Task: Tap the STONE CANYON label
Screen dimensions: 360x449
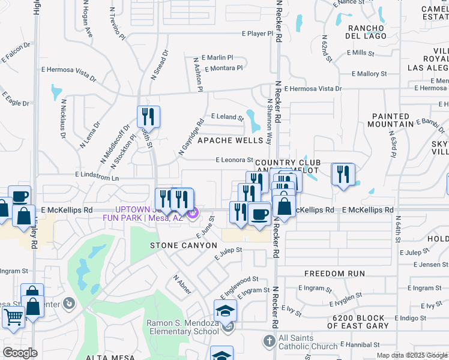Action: (183, 245)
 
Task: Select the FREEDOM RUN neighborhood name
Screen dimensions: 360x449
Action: (334, 274)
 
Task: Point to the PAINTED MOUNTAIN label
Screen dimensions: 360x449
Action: (393, 120)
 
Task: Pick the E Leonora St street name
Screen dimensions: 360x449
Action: (235, 160)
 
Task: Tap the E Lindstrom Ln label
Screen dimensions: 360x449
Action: (97, 178)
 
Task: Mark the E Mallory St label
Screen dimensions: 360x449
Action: (369, 74)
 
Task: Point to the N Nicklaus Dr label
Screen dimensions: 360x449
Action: (62, 119)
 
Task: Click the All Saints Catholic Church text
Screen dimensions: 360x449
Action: (304, 342)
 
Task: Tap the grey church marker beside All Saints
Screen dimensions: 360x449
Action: (270, 341)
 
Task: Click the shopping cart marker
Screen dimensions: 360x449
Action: (13, 316)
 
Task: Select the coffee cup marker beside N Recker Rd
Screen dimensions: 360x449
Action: (259, 214)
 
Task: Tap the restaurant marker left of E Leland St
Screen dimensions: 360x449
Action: (148, 116)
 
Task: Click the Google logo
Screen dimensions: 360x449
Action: (20, 353)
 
